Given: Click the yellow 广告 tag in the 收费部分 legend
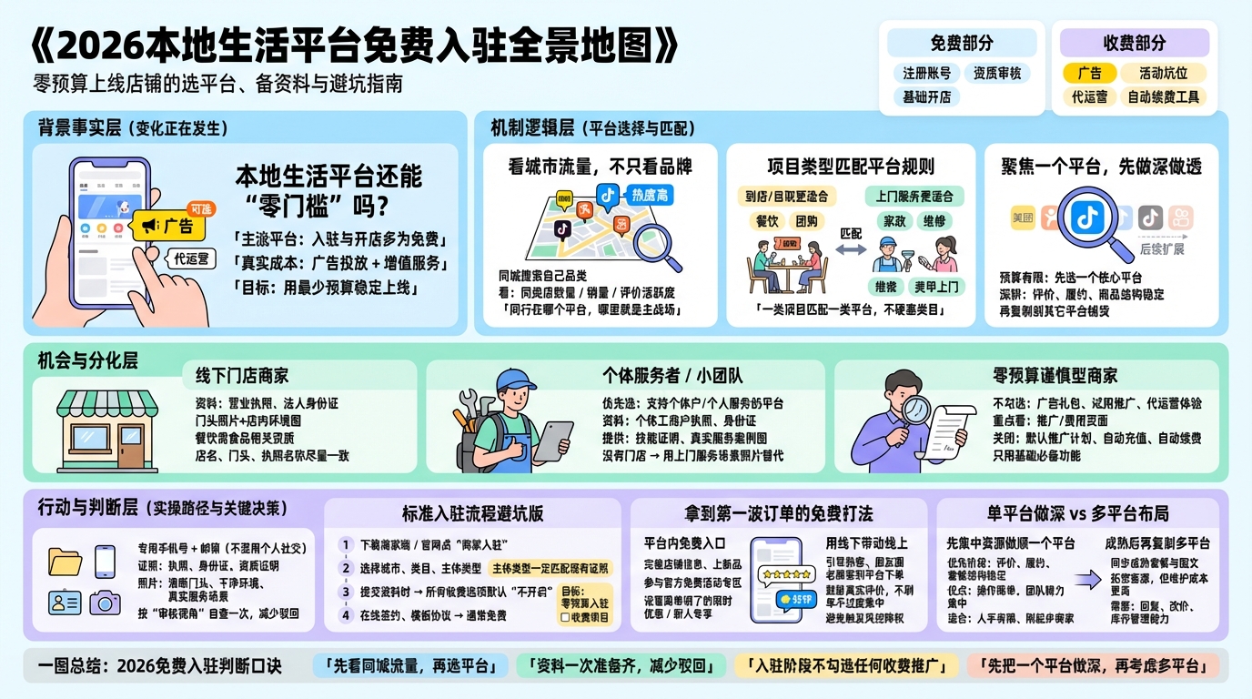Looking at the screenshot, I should tap(1088, 73).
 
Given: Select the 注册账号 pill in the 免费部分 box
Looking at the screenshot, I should tap(926, 73).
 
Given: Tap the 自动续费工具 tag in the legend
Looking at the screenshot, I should tap(1164, 96).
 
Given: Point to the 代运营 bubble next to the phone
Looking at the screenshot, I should tap(191, 258).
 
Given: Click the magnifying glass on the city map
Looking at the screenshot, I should tap(657, 244).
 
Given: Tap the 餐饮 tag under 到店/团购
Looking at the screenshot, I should tap(767, 220).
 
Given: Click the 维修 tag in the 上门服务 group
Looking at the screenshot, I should tap(934, 220).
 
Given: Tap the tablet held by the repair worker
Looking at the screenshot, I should tap(552, 441).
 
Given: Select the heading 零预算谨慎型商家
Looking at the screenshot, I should tap(1055, 375).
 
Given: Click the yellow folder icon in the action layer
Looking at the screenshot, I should tap(65, 560).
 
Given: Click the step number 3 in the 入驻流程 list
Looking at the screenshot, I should tap(345, 592).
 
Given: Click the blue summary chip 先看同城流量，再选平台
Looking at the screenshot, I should tap(409, 665).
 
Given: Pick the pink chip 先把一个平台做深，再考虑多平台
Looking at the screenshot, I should tap(1092, 665).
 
